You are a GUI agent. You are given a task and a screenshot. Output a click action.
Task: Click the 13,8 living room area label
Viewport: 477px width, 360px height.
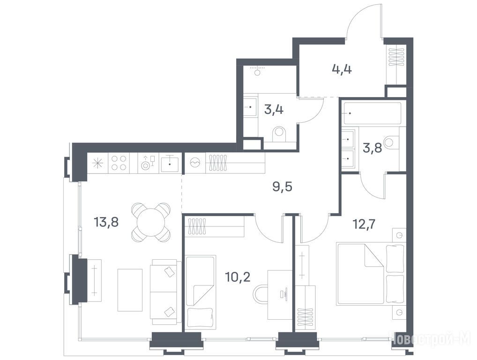click(106, 223)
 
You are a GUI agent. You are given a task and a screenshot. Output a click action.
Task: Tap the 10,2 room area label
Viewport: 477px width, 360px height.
click(238, 277)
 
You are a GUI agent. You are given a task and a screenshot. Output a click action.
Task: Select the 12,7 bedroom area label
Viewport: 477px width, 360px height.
click(364, 225)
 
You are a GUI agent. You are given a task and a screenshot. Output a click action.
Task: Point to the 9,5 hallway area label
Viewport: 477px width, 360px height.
click(282, 187)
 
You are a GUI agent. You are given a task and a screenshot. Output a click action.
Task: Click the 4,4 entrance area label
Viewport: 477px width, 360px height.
click(342, 69)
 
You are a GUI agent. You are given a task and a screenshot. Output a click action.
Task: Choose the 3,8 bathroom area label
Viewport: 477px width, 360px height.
click(373, 148)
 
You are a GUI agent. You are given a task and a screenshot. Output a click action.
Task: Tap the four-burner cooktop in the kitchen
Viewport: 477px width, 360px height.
click(119, 163)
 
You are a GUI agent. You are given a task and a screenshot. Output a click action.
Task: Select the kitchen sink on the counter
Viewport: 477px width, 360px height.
click(170, 163)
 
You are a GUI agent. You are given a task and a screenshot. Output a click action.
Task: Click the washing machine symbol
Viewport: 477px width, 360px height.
click(195, 163)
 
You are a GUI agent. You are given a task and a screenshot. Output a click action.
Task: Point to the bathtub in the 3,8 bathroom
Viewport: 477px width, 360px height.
click(373, 113)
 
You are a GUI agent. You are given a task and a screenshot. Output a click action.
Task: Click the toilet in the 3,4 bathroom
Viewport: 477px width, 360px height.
click(279, 135)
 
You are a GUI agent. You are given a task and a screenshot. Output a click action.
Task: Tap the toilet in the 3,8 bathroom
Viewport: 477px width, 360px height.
click(392, 142)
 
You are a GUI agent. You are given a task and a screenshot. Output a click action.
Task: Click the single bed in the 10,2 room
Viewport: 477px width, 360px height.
click(201, 292)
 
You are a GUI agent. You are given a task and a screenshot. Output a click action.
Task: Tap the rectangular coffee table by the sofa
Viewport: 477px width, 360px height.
click(130, 290)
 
